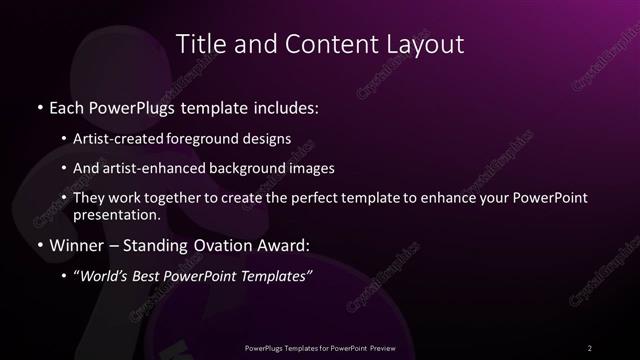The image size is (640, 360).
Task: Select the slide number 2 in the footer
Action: pos(590,347)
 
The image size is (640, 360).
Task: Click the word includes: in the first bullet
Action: pos(290,106)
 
